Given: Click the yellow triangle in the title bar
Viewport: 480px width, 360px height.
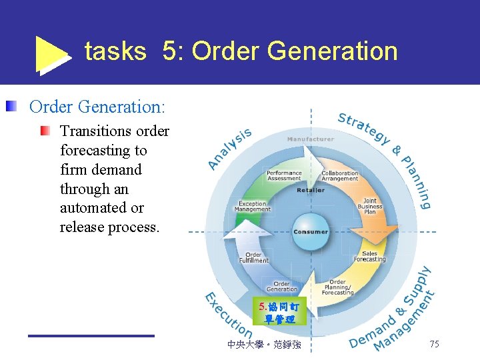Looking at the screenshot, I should pyautogui.click(x=51, y=53).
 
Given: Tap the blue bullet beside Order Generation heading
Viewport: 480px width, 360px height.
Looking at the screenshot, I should pyautogui.click(x=12, y=106).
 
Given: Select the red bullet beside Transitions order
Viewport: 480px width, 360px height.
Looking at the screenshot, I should pyautogui.click(x=45, y=131).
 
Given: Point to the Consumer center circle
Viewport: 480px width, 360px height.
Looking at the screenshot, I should pyautogui.click(x=310, y=232).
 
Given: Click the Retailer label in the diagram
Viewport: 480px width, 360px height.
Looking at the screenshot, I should pyautogui.click(x=311, y=190).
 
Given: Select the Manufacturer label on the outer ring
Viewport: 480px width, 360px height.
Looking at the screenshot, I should pyautogui.click(x=311, y=139).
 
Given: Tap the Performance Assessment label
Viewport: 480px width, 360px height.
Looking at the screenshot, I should pyautogui.click(x=285, y=175).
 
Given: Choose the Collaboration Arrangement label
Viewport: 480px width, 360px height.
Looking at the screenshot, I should pyautogui.click(x=339, y=175).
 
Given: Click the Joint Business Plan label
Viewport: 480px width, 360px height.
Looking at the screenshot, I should pyautogui.click(x=369, y=206).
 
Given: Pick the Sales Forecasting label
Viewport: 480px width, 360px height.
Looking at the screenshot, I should pyautogui.click(x=369, y=256).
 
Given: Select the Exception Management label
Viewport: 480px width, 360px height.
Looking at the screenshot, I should pyautogui.click(x=253, y=207).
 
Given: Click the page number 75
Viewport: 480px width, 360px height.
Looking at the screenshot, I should pyautogui.click(x=434, y=344).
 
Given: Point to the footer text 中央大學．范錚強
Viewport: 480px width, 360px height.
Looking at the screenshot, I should pyautogui.click(x=263, y=345).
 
